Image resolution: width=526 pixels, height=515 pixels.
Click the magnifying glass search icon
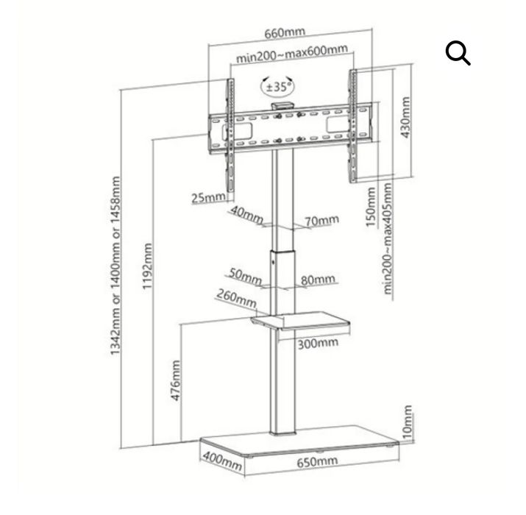[458, 52]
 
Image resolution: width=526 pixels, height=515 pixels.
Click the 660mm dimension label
[285, 33]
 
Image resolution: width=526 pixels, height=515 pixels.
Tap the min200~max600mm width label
[292, 54]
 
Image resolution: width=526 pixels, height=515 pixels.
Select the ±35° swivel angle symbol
[277, 87]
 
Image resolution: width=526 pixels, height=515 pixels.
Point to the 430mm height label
[405, 117]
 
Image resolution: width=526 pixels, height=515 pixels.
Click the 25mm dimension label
[208, 197]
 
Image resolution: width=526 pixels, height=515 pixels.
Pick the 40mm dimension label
[246, 214]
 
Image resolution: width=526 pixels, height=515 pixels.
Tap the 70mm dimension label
[321, 221]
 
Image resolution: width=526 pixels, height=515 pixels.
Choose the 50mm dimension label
[245, 276]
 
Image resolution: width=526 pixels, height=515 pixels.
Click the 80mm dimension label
[318, 280]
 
